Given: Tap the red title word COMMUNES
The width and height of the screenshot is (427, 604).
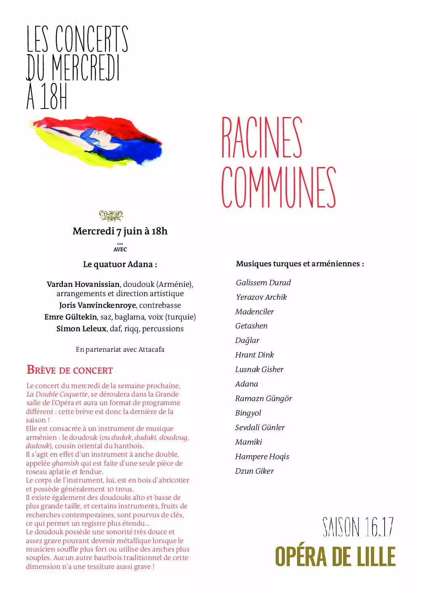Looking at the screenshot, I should point(278,187).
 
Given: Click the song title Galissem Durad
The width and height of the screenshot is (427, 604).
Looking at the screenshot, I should point(263,282).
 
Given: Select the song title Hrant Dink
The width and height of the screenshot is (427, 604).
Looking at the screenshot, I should point(254,355).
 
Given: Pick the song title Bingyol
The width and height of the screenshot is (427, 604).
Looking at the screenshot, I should point(248,413).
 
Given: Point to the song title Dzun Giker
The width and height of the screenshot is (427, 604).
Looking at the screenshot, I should point(254,471).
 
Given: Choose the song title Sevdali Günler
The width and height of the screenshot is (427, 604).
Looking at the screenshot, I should point(260,427).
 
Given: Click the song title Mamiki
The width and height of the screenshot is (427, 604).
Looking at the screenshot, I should point(249,442).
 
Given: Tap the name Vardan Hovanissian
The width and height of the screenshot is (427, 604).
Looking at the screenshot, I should point(83,284).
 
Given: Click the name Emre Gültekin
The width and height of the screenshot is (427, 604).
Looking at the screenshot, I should point(71,317).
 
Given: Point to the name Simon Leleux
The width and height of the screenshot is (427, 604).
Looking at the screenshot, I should point(81,328).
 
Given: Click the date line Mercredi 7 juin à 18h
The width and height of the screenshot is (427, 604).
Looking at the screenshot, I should point(120,231).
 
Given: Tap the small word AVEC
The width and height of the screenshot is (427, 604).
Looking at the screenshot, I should point(120,249).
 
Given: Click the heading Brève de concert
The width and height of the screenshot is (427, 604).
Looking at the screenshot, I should point(70,370).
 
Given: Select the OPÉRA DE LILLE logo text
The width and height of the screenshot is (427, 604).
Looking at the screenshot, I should point(335,557).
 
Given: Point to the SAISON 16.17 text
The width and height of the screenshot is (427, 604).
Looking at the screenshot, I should point(358,527).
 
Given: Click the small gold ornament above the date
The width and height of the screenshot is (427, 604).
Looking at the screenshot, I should point(111,215).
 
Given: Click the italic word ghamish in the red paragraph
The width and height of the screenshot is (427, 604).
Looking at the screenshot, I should point(65,463).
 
